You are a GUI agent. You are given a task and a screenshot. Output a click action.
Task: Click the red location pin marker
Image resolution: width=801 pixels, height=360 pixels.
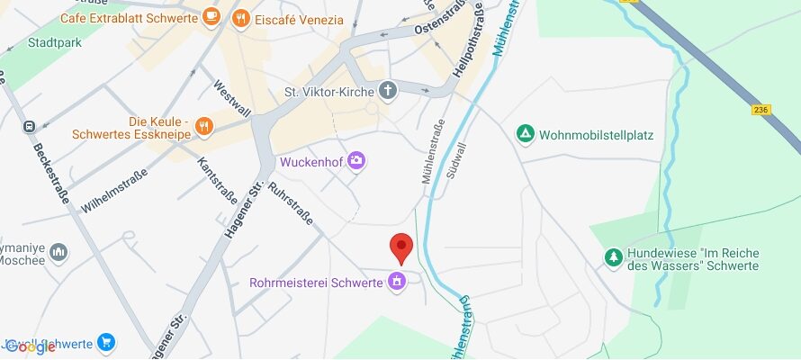click(x=400, y=246)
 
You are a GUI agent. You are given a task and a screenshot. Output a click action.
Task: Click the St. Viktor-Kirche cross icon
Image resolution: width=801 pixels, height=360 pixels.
click(x=388, y=90)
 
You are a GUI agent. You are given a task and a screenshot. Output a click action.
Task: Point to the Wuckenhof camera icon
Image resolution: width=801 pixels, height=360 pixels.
click(x=356, y=161)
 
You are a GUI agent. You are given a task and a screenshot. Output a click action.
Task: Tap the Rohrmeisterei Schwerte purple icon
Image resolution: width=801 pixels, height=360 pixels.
click(x=395, y=283)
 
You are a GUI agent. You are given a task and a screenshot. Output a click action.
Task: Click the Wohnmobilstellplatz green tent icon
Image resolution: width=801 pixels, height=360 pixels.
click(x=525, y=134)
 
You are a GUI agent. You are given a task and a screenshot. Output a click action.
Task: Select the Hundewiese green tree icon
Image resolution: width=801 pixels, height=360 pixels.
click(x=613, y=257)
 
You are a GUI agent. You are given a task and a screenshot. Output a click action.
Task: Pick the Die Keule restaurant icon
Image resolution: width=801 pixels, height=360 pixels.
click(x=204, y=126)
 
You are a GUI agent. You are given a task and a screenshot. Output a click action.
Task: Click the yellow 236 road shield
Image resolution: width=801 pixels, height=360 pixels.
click(x=762, y=110)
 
